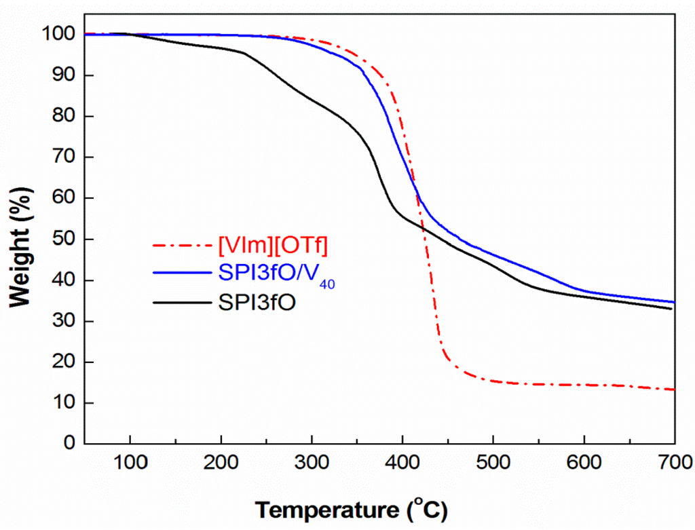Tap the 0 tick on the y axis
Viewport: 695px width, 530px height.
(69, 444)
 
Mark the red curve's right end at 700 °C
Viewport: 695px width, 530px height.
(674, 390)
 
